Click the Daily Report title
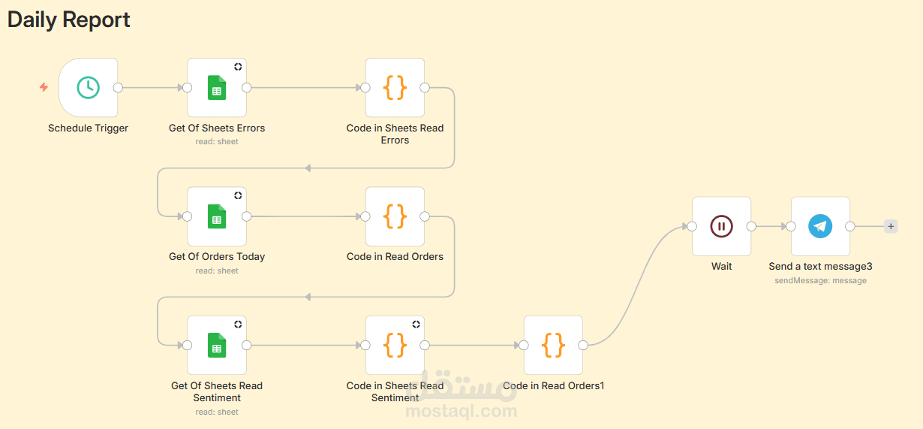(x=69, y=20)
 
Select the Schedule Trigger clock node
(x=89, y=88)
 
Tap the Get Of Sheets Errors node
(x=217, y=88)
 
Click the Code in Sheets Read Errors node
(x=395, y=88)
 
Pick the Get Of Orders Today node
(x=217, y=216)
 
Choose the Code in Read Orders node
(x=395, y=216)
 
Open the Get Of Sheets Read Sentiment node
(x=217, y=346)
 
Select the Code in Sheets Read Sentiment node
(x=395, y=346)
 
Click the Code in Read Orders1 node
(x=553, y=346)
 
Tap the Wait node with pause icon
(x=721, y=226)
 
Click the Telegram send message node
(x=820, y=226)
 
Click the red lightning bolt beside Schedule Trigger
(x=44, y=88)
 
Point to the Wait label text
(x=721, y=266)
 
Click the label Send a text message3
(x=820, y=266)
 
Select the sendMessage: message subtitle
(x=820, y=280)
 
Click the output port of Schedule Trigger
(x=118, y=88)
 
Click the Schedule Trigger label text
(x=88, y=128)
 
